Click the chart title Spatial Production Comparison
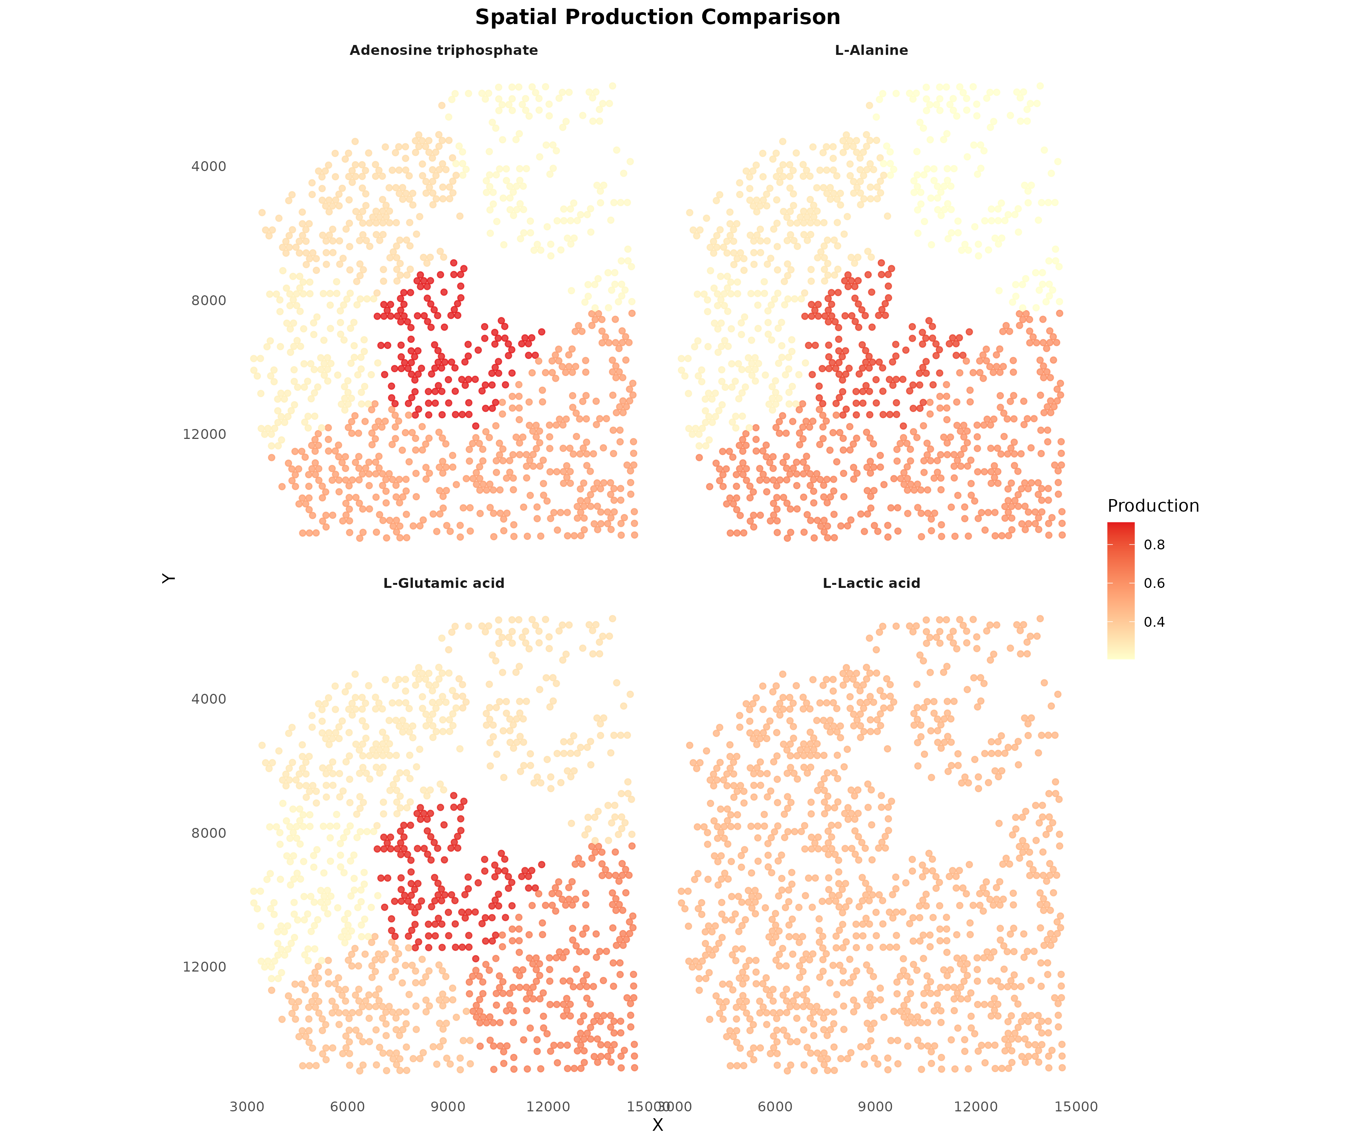[x=657, y=18]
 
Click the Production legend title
[x=1153, y=506]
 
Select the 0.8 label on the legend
[x=1154, y=545]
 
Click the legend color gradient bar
[x=1120, y=591]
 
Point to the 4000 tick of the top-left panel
[x=208, y=166]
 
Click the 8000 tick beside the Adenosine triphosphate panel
[x=208, y=301]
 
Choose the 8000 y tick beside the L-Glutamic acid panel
[x=208, y=833]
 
